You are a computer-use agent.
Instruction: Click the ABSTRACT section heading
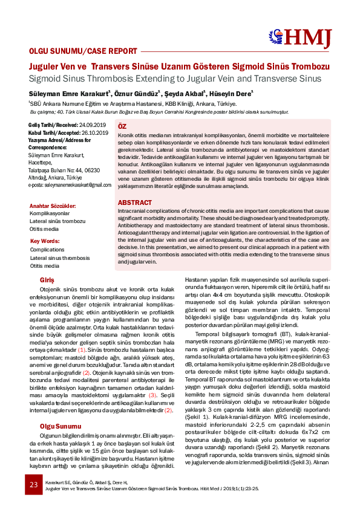pyautogui.click(x=135, y=202)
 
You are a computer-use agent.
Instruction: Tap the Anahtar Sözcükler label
pyautogui.click(x=53, y=206)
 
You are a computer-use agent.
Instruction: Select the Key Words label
pyautogui.click(x=44, y=241)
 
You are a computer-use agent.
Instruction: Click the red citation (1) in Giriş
pyautogui.click(x=82, y=332)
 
